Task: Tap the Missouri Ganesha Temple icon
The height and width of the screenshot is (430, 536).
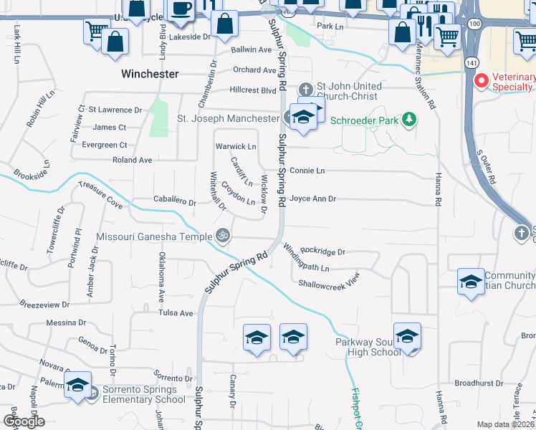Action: pos(224,235)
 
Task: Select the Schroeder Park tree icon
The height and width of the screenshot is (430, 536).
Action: pos(409,119)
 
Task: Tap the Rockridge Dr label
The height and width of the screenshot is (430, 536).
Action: pos(323,252)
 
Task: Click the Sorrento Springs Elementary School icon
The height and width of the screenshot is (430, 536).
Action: pos(77,385)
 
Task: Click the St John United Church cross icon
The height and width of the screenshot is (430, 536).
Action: pos(306,90)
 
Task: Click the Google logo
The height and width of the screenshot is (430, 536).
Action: pos(24,421)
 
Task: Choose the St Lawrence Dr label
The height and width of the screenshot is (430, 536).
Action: pos(115,110)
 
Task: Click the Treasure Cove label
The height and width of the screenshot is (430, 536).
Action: pos(100,194)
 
